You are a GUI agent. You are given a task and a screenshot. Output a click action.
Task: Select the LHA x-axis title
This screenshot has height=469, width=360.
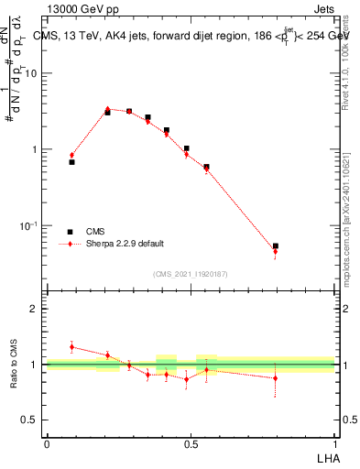coord(324,458)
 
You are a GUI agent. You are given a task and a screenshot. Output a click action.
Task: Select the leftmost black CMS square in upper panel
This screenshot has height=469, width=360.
coord(71,162)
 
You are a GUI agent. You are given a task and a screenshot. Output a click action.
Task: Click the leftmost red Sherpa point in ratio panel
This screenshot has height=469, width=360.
coord(71,347)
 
